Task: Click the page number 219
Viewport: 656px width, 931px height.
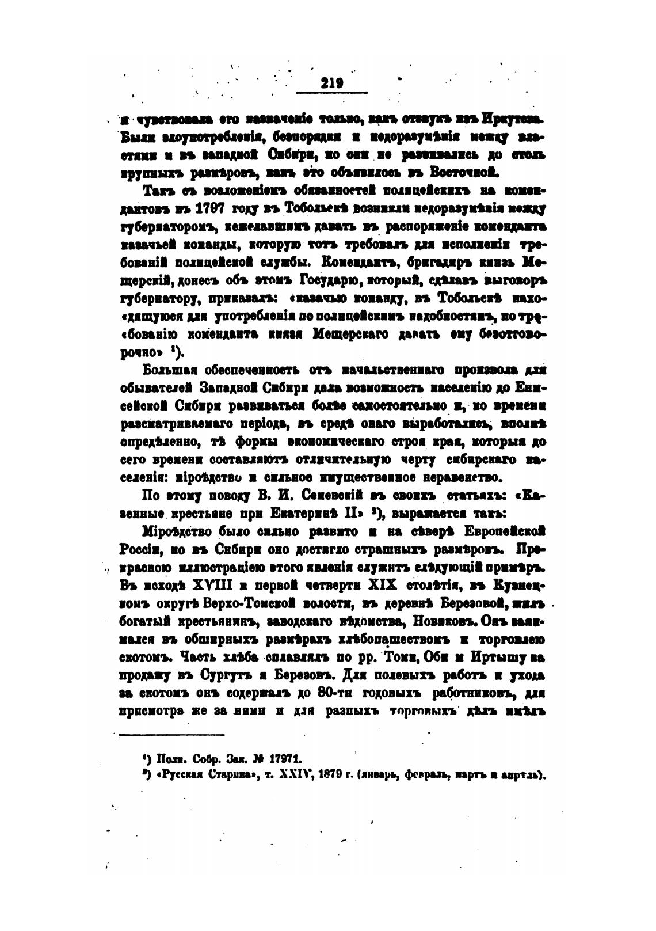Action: click(332, 83)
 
